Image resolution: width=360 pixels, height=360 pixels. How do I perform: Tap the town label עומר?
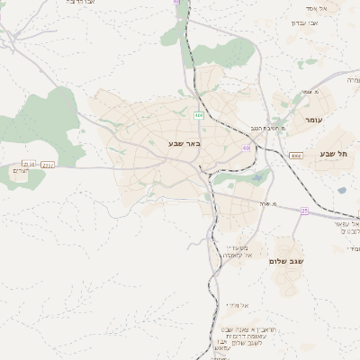click(314, 120)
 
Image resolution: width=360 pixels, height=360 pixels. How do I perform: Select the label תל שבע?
click(332, 154)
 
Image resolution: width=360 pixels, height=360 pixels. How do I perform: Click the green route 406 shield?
click(198, 115)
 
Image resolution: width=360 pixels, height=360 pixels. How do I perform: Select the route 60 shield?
click(246, 148)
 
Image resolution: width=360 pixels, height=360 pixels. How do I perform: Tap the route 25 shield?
click(304, 211)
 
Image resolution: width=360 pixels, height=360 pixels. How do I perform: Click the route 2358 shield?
click(29, 164)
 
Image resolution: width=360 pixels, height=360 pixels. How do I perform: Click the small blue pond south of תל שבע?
click(261, 178)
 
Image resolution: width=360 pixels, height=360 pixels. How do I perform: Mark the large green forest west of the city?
click(45, 117)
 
